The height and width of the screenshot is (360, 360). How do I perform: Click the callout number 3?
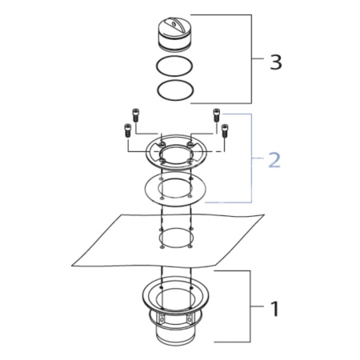[x=275, y=62]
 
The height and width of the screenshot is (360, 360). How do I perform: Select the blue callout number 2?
[x=274, y=160]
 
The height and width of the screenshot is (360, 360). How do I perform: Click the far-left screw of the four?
[x=127, y=131]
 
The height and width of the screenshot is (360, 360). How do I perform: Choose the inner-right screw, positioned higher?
[x=214, y=117]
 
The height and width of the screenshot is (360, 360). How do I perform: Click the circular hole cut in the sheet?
[x=177, y=237]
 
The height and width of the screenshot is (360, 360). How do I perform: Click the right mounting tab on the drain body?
[x=190, y=319]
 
